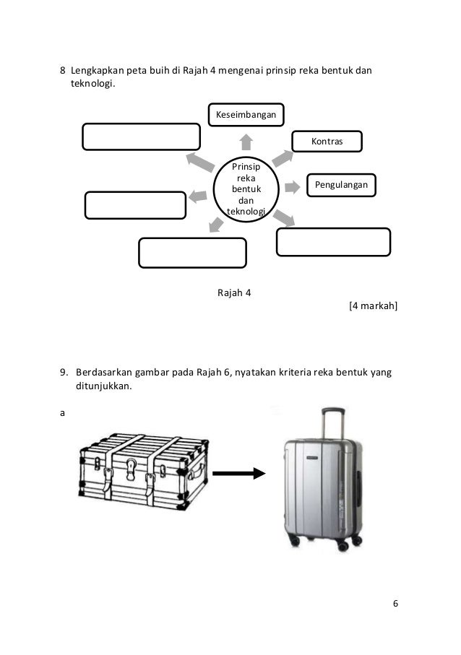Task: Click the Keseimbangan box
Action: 246,114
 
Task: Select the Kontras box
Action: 327,142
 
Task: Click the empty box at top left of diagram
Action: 141,137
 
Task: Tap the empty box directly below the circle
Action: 193,252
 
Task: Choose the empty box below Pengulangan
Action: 333,242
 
